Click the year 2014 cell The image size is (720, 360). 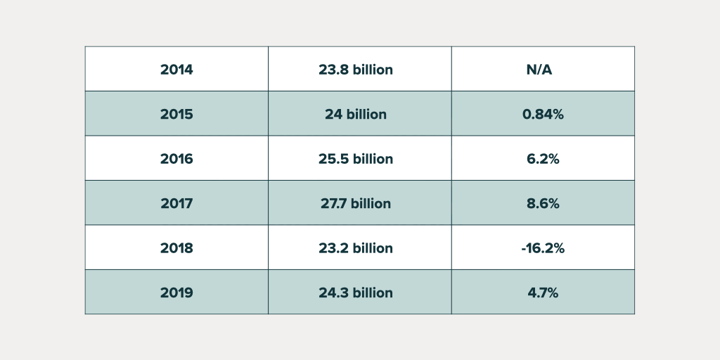tap(176, 70)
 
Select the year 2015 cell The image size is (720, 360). tap(176, 114)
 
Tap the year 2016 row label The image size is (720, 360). tap(176, 159)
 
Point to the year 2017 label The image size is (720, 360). tap(176, 203)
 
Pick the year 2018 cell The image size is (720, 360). tap(176, 248)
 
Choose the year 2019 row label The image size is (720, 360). tap(176, 292)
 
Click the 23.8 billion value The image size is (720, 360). tap(355, 70)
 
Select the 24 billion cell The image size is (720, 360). tap(355, 114)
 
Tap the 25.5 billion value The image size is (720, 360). tap(355, 159)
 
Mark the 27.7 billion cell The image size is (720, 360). tap(355, 203)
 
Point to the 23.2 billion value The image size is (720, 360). tap(355, 248)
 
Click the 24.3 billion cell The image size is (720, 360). tap(355, 292)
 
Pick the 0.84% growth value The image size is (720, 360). tap(543, 114)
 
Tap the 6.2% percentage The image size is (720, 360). tap(543, 159)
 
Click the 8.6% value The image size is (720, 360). tap(543, 203)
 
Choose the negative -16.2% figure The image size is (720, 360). tap(543, 248)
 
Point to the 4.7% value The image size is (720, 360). tap(543, 292)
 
